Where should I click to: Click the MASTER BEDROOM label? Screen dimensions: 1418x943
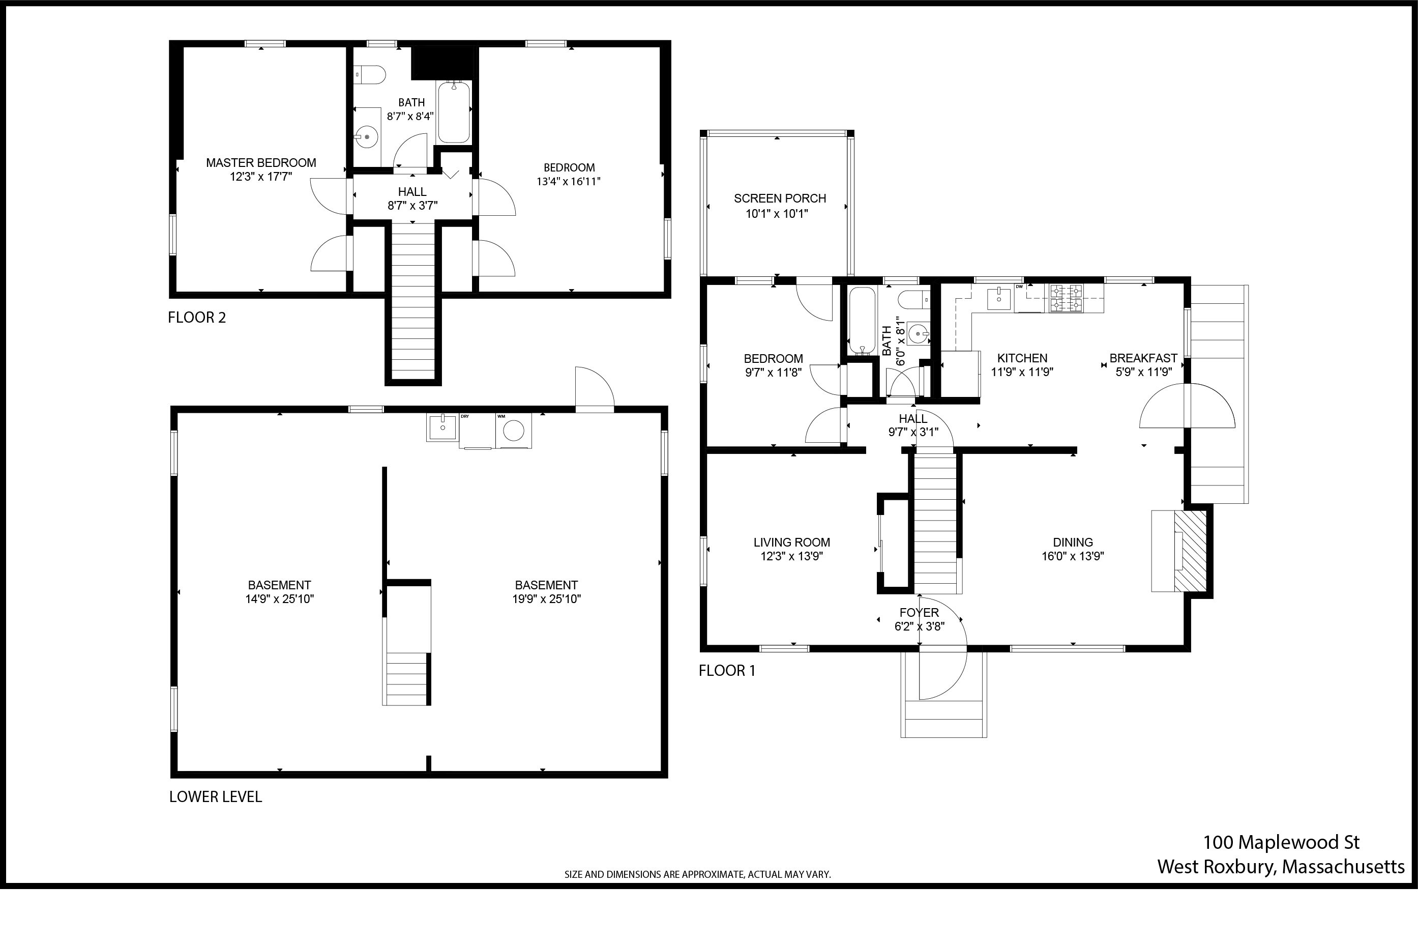tap(261, 162)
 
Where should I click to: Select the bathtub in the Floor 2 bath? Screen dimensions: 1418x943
tap(454, 112)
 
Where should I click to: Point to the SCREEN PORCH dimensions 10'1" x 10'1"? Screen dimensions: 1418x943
tap(777, 214)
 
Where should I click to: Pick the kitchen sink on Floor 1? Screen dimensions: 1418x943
tap(999, 297)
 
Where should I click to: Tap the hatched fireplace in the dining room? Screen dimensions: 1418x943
tap(1191, 551)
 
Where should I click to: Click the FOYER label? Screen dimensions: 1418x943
tap(919, 612)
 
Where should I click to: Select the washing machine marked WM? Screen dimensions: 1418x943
tap(513, 431)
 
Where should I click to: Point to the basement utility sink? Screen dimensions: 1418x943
tap(442, 427)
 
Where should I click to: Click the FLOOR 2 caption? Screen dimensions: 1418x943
tap(196, 318)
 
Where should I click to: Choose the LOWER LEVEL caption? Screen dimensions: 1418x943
tap(215, 797)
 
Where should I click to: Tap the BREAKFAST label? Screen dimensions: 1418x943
tap(1143, 358)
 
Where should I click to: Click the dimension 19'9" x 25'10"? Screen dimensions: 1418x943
tap(546, 599)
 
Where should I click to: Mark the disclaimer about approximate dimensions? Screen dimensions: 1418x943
tap(697, 874)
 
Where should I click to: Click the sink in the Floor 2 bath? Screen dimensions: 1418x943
tap(367, 136)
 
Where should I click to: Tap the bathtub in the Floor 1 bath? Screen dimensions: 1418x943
tap(862, 321)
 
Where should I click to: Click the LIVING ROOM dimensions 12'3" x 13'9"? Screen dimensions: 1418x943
tap(792, 556)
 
